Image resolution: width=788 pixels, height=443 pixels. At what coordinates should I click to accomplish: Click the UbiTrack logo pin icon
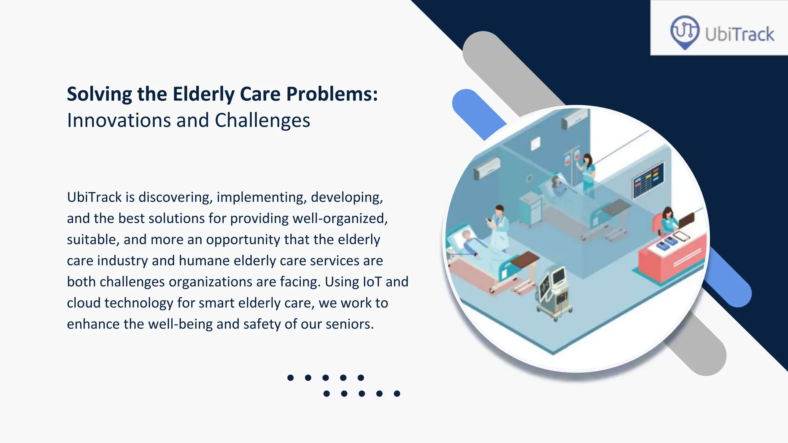click(x=684, y=32)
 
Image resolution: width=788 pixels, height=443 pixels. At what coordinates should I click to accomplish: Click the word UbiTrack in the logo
click(x=739, y=34)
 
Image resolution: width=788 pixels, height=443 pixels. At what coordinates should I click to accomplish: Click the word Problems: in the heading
click(x=332, y=94)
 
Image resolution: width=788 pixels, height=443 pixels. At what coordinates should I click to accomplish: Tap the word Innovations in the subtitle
click(x=119, y=120)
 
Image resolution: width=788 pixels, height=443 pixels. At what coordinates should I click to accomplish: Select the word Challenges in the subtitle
click(x=262, y=120)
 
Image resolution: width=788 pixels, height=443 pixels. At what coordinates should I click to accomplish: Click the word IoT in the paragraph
click(x=372, y=282)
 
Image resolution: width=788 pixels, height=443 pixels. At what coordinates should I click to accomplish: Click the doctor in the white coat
click(x=499, y=227)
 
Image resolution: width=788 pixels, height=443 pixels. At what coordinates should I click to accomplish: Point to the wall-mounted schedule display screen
click(x=648, y=180)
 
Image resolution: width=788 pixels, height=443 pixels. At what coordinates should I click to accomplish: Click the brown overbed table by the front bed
click(x=525, y=259)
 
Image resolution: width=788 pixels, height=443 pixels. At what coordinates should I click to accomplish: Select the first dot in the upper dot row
click(x=290, y=378)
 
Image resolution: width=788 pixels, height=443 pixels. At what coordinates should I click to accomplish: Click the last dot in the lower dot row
click(x=397, y=393)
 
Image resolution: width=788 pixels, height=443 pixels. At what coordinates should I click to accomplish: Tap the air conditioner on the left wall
click(x=487, y=168)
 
